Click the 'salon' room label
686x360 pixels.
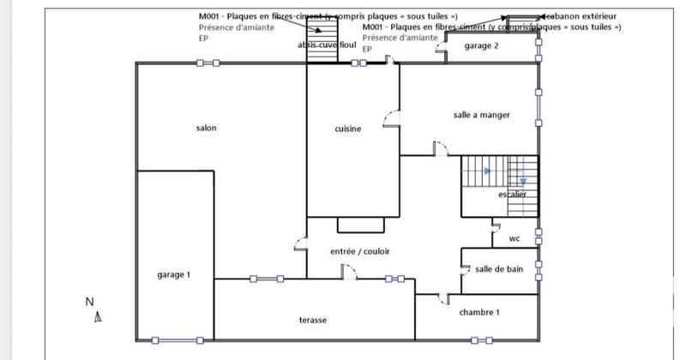pos(206,129)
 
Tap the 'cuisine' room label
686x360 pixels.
pos(347,129)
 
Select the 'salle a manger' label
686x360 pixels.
pos(481,115)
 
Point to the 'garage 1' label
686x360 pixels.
pos(173,275)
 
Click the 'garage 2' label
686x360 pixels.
pos(481,46)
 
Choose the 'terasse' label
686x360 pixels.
pos(313,320)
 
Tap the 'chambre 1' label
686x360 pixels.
pos(478,312)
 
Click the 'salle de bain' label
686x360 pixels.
pos(498,269)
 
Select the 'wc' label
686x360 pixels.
pos(514,238)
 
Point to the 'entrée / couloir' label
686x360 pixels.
pos(360,251)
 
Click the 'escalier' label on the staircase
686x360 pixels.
pos(512,195)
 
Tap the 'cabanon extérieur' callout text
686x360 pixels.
pos(581,16)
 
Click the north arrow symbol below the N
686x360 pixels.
pos(98,318)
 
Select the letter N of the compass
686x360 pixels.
pos(89,302)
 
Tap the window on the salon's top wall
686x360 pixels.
pos(208,63)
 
